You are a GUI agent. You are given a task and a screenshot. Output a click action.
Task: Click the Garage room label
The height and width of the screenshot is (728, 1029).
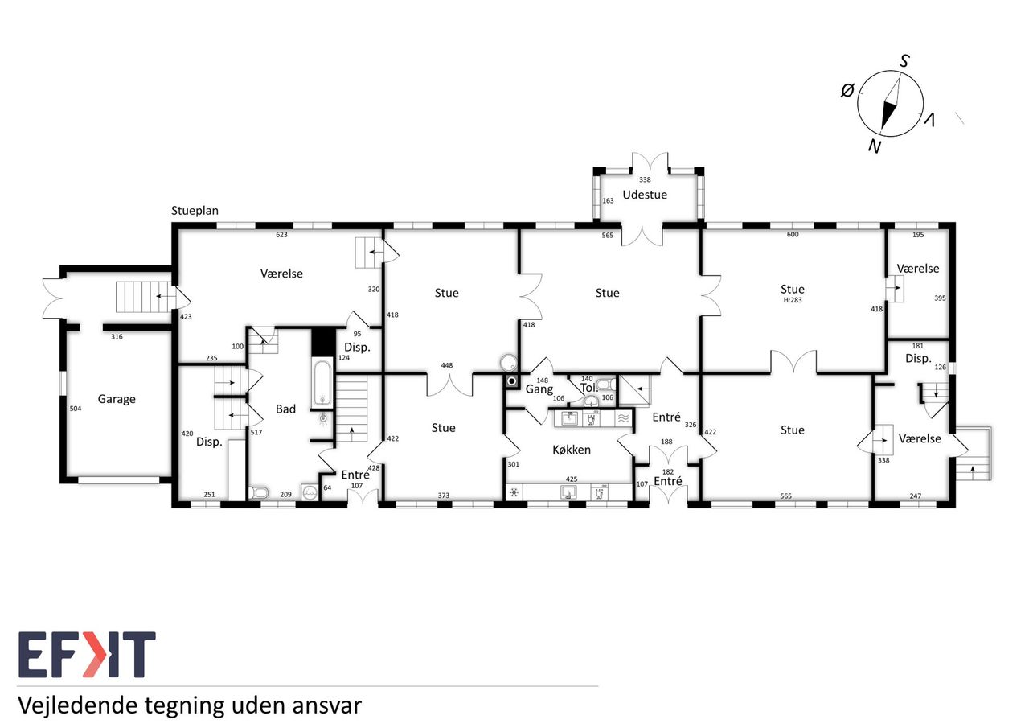click(117, 399)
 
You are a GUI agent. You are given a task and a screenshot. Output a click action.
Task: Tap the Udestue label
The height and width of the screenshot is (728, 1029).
click(645, 195)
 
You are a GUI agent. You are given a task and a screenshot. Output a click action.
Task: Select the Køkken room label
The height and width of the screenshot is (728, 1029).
click(572, 450)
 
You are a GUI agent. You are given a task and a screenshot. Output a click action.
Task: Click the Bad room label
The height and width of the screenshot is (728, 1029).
click(285, 409)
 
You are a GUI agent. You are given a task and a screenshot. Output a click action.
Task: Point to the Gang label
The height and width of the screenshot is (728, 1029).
click(539, 389)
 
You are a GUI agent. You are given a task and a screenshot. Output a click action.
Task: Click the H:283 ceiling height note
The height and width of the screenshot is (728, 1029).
click(793, 300)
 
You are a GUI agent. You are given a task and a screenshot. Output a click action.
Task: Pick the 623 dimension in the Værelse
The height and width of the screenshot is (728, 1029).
click(281, 235)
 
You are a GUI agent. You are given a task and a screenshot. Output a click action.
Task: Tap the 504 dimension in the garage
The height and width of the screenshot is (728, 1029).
click(76, 409)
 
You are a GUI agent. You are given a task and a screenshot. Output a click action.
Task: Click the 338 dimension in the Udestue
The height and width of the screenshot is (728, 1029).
click(645, 179)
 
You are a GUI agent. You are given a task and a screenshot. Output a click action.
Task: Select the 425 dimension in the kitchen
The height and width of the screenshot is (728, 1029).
click(572, 479)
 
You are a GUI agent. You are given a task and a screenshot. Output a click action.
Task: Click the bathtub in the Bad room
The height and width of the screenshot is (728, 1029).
click(322, 383)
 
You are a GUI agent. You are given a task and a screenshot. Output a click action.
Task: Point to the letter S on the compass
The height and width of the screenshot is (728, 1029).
click(904, 60)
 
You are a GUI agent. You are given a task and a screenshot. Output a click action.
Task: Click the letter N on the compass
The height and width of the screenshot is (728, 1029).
click(875, 146)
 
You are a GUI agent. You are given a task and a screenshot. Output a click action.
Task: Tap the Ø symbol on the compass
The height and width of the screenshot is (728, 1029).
click(847, 90)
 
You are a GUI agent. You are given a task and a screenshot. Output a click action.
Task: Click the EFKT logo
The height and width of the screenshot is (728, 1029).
click(87, 655)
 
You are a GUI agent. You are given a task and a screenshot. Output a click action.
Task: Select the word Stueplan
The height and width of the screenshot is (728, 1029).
click(195, 211)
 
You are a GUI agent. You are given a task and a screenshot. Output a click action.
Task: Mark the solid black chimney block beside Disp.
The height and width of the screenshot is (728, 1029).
click(323, 342)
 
